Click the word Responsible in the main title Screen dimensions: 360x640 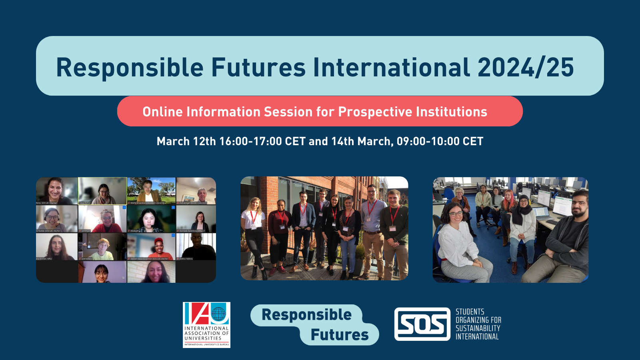click(130, 67)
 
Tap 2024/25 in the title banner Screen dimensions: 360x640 click(526, 67)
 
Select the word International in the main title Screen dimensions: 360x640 click(391, 67)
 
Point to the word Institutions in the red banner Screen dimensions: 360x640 click(452, 112)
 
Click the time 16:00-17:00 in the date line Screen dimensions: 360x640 click(250, 141)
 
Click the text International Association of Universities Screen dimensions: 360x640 click(206, 333)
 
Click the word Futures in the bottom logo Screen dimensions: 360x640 click(340, 335)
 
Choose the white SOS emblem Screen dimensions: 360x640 click(422, 324)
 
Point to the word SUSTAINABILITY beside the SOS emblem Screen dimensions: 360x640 click(478, 328)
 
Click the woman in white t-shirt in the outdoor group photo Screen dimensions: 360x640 click(253, 232)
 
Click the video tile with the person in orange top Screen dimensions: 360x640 click(151, 247)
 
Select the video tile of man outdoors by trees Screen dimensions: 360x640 click(151, 191)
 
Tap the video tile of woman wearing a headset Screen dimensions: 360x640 click(56, 219)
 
